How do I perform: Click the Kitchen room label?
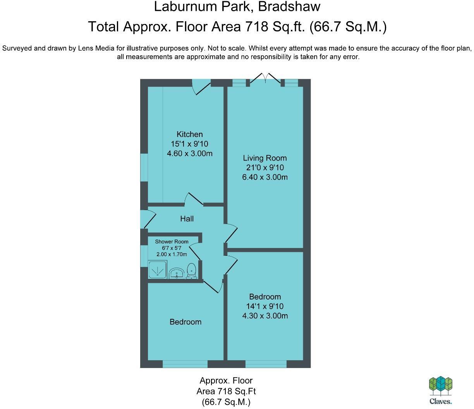(x=189, y=134)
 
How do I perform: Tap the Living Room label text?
(x=264, y=158)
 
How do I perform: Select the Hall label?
(x=187, y=219)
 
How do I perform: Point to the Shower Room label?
(x=172, y=241)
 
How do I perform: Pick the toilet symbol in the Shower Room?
(x=191, y=270)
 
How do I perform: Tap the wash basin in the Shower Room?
(x=178, y=273)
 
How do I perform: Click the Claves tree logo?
(x=440, y=387)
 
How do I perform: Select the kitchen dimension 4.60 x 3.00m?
(x=189, y=153)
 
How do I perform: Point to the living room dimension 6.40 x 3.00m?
(x=264, y=177)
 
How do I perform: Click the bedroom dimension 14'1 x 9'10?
(x=264, y=306)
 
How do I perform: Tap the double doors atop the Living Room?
(x=265, y=79)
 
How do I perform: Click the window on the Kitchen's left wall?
(x=144, y=167)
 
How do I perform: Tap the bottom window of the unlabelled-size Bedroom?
(x=185, y=364)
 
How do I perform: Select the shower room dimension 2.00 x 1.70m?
(x=172, y=254)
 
